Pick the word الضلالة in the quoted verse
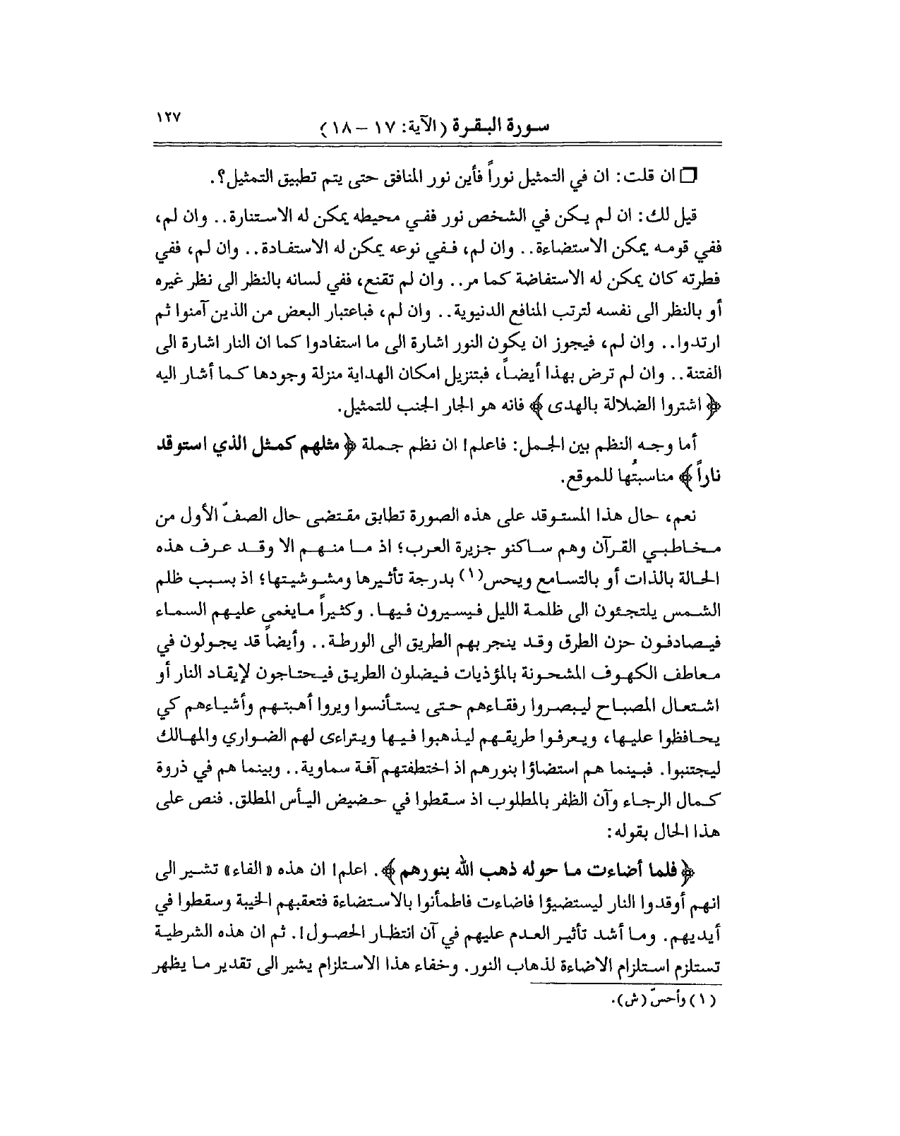pyautogui.click(x=599, y=407)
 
